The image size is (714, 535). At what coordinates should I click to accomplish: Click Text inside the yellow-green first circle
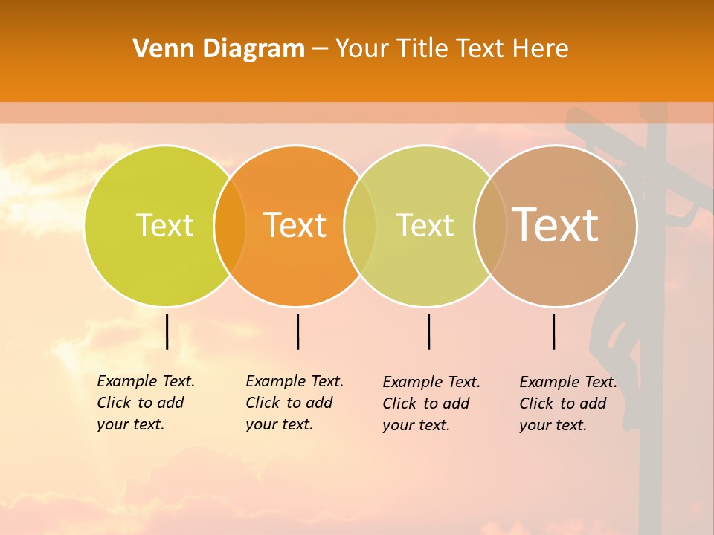tap(164, 225)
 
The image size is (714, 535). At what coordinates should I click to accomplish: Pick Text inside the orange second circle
tap(295, 225)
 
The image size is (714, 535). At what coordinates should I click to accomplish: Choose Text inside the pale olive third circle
tap(425, 225)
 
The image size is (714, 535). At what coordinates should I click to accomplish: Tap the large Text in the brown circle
tap(555, 224)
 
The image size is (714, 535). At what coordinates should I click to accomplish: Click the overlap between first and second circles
tap(230, 226)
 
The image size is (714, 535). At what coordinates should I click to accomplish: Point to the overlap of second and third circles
tap(360, 226)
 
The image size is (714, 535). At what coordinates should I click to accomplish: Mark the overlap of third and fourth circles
tap(490, 226)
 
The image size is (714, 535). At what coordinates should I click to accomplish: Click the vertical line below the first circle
tap(167, 331)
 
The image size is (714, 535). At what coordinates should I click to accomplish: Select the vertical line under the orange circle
tap(297, 331)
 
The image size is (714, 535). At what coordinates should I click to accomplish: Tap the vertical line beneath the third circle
tap(428, 331)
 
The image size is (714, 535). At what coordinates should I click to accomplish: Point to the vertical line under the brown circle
tap(553, 331)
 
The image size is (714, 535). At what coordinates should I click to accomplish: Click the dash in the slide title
tap(320, 50)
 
